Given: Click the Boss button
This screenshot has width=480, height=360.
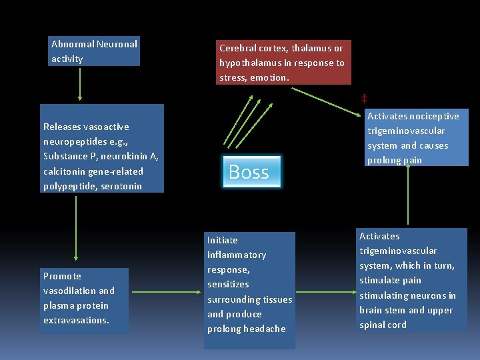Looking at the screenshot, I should (249, 172).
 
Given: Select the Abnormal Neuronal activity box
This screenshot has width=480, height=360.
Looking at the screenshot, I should (94, 52).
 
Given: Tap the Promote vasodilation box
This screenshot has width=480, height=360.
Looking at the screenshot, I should (84, 299).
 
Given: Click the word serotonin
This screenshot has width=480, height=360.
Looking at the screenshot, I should (121, 186).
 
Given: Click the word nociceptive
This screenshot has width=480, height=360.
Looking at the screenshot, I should (435, 116).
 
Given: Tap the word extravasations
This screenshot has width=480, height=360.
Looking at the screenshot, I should (76, 321).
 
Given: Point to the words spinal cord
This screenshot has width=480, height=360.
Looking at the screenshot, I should (383, 325).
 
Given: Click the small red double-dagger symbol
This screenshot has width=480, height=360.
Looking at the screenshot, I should (365, 99).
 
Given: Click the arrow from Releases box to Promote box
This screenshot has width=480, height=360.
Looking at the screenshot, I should (76, 227).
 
